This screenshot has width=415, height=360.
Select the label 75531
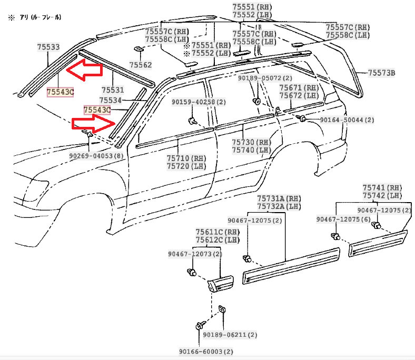click(x=113, y=90)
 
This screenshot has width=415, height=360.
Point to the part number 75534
click(x=111, y=100)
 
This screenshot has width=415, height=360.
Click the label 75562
click(x=141, y=65)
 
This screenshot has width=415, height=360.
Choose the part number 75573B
click(x=381, y=72)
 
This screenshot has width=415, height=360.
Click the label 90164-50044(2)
click(x=347, y=120)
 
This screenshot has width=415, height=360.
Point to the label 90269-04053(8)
click(x=96, y=156)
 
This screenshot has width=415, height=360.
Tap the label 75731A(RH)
click(x=279, y=198)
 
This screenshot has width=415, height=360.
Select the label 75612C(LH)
click(x=217, y=240)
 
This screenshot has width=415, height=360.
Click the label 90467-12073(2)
click(x=195, y=254)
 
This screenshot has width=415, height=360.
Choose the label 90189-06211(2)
click(x=230, y=335)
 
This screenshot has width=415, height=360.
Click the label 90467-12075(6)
click(x=343, y=219)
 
